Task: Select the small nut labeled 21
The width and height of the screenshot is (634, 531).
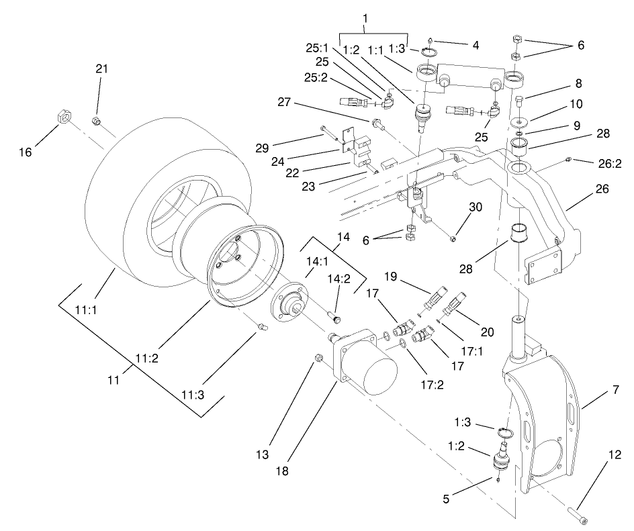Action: (96, 121)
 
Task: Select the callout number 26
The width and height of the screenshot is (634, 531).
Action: (602, 190)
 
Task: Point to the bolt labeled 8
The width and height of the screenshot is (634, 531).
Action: (521, 104)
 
